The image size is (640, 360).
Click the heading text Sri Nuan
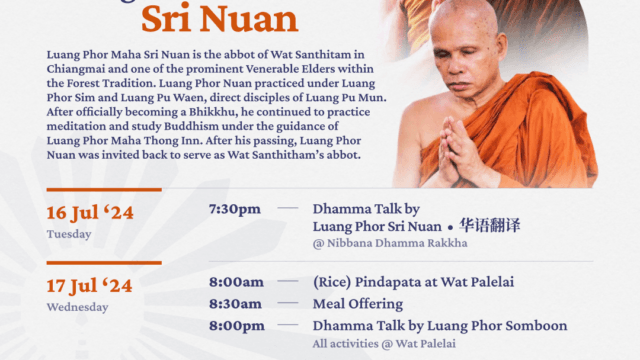(x=221, y=18)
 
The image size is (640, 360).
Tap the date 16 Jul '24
(x=90, y=212)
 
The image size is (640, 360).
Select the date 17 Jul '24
(x=90, y=286)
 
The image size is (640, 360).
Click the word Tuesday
(x=69, y=234)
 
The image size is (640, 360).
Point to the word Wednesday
(x=77, y=307)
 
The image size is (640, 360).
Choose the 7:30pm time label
(x=234, y=209)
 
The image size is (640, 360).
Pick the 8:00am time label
(x=236, y=282)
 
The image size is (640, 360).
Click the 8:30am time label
(x=236, y=303)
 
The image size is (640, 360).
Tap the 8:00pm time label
(x=236, y=325)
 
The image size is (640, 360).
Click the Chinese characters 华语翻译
(x=489, y=225)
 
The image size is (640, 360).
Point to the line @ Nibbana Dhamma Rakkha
(x=373, y=243)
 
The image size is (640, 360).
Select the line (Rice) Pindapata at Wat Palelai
(x=413, y=282)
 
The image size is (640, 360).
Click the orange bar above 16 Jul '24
(x=104, y=189)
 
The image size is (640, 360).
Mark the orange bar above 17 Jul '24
(x=104, y=263)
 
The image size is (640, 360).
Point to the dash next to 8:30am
(x=288, y=303)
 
